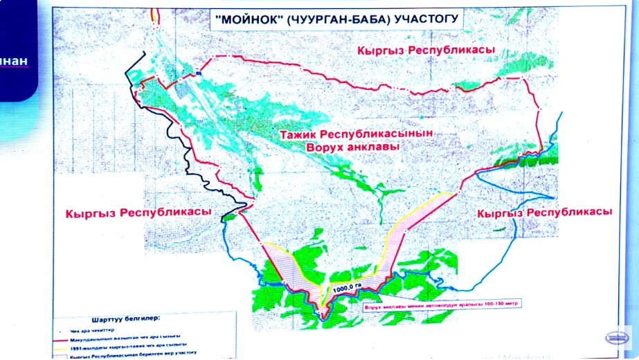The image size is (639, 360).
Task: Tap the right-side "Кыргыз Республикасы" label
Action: [545, 212]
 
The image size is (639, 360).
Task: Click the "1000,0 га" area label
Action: [347, 289]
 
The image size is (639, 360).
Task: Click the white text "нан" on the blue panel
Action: [13, 61]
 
